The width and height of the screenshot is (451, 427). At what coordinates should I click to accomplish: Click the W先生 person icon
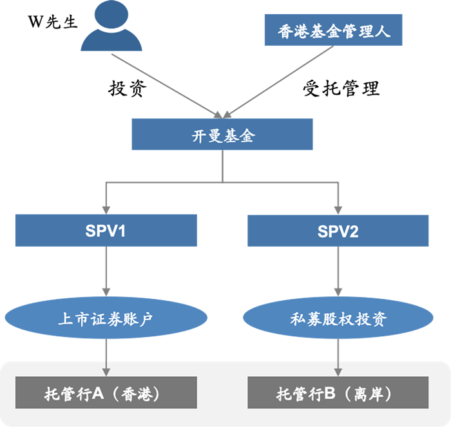pyautogui.click(x=111, y=28)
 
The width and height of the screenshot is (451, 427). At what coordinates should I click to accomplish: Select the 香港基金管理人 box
pyautogui.click(x=334, y=30)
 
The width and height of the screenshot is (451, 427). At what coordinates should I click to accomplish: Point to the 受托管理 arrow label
pyautogui.click(x=341, y=88)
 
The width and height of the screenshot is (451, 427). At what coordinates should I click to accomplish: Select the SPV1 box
pyautogui.click(x=105, y=231)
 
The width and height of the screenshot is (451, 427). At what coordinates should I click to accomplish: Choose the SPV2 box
pyautogui.click(x=338, y=231)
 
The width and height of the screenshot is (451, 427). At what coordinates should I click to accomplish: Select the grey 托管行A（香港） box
pyautogui.click(x=105, y=393)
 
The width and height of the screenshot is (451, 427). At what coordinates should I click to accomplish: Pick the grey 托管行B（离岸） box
pyautogui.click(x=338, y=393)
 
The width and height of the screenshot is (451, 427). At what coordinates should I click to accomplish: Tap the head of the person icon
pyautogui.click(x=111, y=15)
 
